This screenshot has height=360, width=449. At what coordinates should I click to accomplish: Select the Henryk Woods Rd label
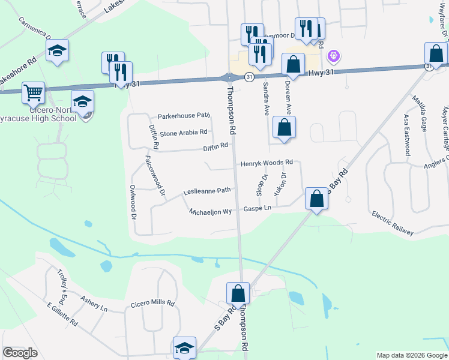point(267,163)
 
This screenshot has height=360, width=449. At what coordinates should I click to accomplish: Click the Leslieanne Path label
point(206,191)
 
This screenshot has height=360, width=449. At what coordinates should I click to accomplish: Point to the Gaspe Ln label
point(258,208)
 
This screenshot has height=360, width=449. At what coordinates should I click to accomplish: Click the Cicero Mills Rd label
point(152,304)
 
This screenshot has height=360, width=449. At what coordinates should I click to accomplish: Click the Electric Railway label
point(393,223)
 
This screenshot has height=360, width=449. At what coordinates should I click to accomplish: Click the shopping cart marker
point(33,92)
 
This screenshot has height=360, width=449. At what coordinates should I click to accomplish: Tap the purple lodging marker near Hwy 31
point(334,57)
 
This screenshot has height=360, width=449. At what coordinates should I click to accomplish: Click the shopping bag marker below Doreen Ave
point(284,127)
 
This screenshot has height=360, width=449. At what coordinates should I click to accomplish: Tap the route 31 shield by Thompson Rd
point(248,76)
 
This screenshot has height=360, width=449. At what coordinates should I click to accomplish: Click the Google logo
point(20,353)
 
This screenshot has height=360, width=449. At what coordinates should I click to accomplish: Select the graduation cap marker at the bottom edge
point(184,347)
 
